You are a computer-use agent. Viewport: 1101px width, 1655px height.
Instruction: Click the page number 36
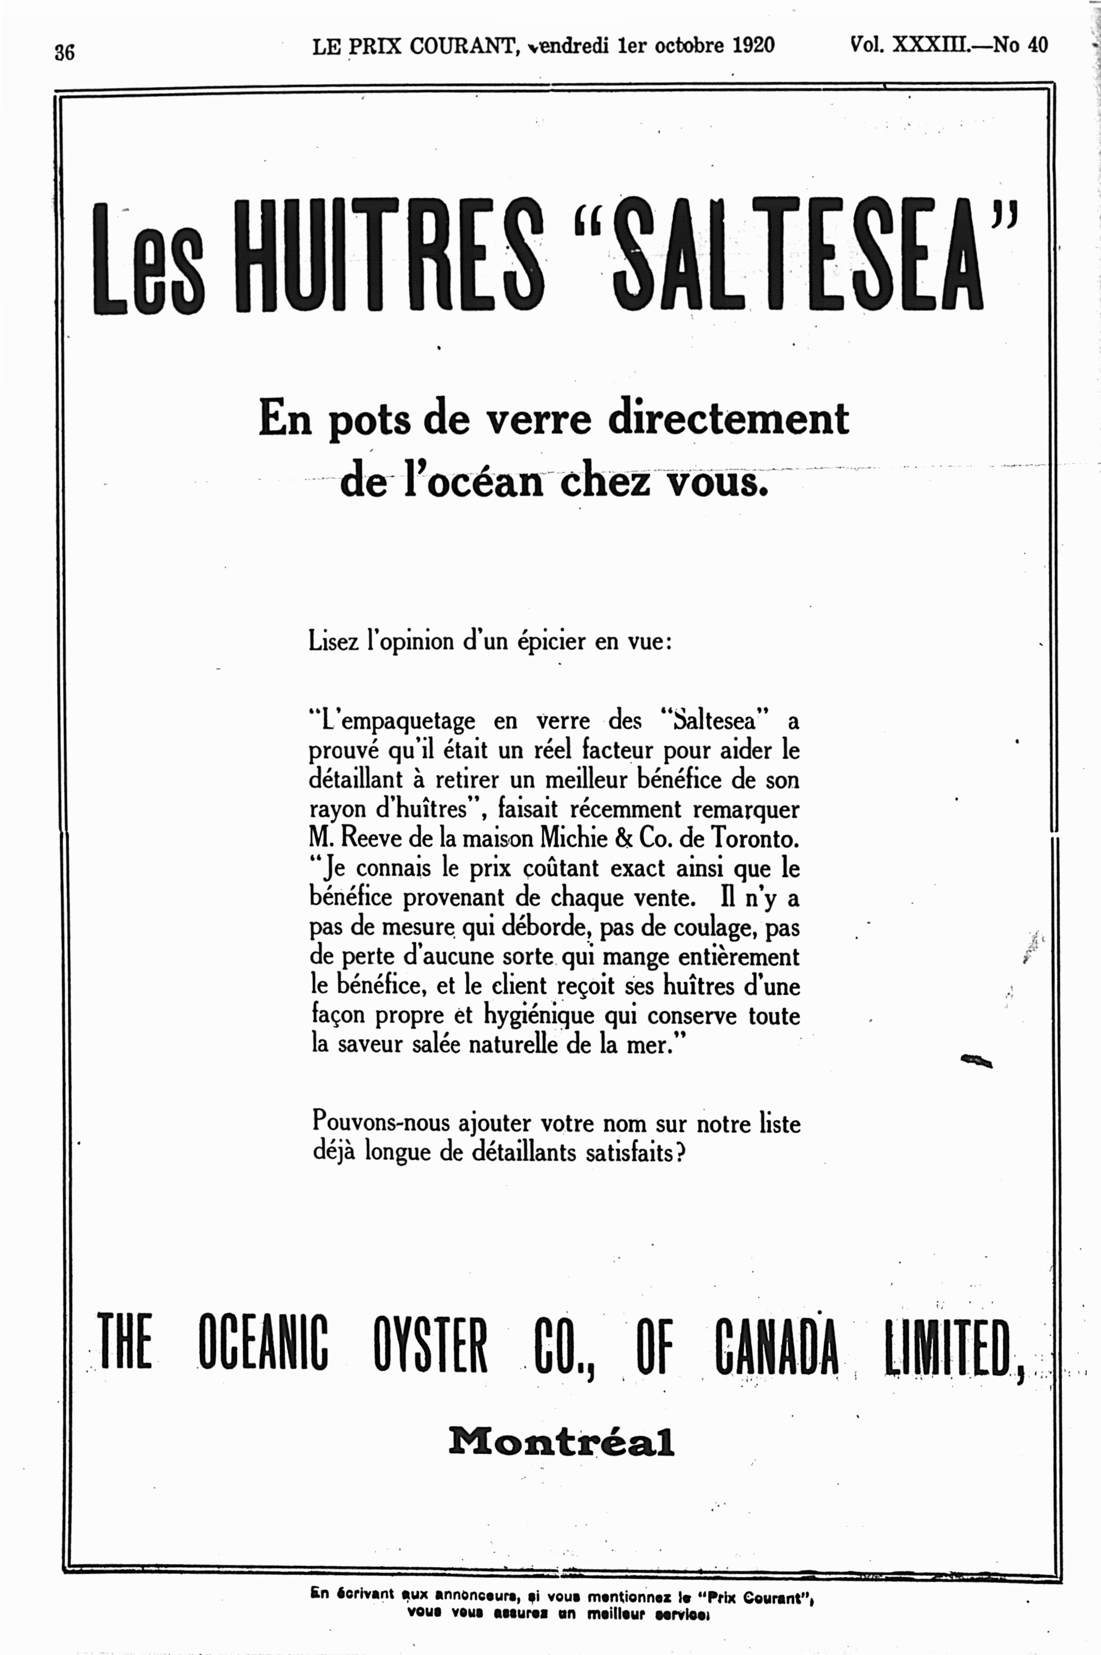pyautogui.click(x=65, y=53)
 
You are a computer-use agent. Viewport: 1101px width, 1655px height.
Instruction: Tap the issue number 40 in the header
pyautogui.click(x=1038, y=45)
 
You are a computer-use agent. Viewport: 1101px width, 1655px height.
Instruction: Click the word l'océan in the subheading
pyautogui.click(x=474, y=483)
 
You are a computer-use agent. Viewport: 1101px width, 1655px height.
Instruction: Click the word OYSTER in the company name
pyautogui.click(x=430, y=1344)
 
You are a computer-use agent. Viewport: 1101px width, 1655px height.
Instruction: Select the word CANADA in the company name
pyautogui.click(x=777, y=1344)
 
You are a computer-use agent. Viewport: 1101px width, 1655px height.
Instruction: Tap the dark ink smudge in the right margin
pyautogui.click(x=975, y=1060)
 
